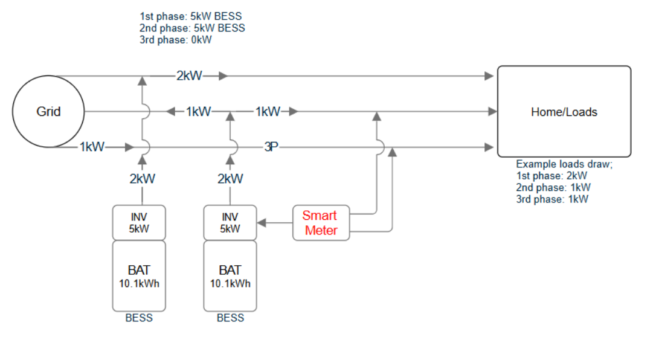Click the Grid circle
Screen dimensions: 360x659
pyautogui.click(x=48, y=112)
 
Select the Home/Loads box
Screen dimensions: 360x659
pyautogui.click(x=564, y=112)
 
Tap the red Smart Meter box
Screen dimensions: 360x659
pyautogui.click(x=321, y=223)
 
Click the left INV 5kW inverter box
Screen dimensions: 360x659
pyautogui.click(x=138, y=223)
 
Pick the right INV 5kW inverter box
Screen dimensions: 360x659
pyautogui.click(x=230, y=223)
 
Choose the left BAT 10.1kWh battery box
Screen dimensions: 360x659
pyautogui.click(x=138, y=275)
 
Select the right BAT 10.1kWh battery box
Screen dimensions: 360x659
pyautogui.click(x=230, y=275)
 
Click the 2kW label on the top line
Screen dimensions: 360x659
pyautogui.click(x=188, y=76)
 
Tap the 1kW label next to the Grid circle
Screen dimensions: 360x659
pyautogui.click(x=92, y=147)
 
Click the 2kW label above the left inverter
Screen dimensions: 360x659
pyautogui.click(x=142, y=179)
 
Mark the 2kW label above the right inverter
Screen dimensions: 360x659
pyautogui.click(x=230, y=179)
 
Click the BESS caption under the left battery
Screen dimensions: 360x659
pyautogui.click(x=138, y=318)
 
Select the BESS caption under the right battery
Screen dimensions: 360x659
pyautogui.click(x=230, y=318)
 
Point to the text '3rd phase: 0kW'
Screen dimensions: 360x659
pyautogui.click(x=176, y=39)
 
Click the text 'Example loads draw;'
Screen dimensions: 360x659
pyautogui.click(x=564, y=164)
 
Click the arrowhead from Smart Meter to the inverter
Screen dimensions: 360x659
pyautogui.click(x=261, y=223)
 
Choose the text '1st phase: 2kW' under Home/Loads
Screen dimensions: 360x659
pyautogui.click(x=551, y=176)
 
